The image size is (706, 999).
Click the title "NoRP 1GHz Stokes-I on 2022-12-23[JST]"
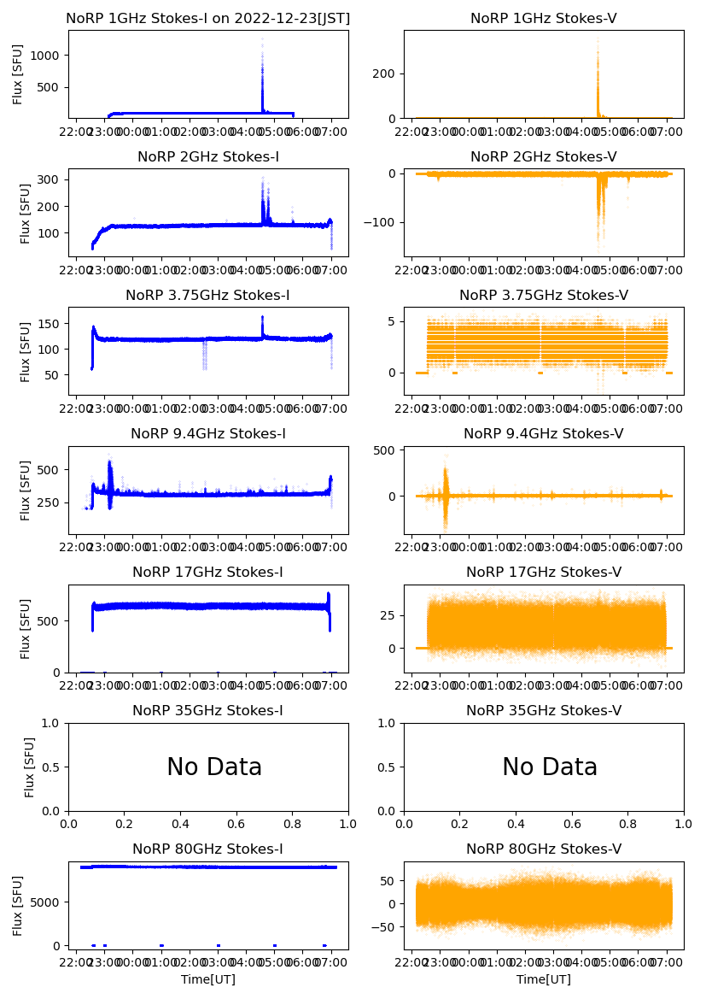(207, 19)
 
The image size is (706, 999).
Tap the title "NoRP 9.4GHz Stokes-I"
(207, 434)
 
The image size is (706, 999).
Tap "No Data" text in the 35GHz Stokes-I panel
(213, 767)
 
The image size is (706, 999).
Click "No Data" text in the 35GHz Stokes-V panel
(549, 767)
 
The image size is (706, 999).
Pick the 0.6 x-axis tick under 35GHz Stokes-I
(236, 826)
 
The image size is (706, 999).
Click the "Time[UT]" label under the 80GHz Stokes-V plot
(543, 979)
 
